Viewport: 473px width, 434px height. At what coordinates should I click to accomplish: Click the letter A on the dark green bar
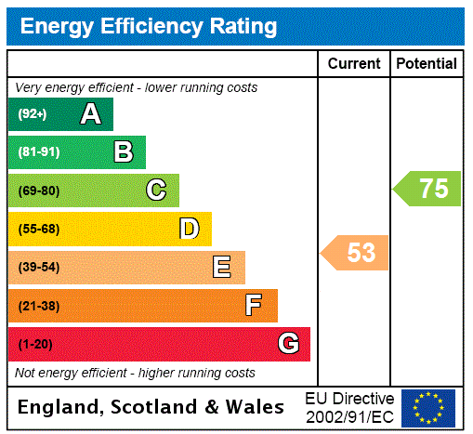tap(90, 114)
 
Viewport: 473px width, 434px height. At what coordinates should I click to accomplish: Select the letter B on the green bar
tap(123, 152)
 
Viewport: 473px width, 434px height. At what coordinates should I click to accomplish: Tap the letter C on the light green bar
tap(156, 191)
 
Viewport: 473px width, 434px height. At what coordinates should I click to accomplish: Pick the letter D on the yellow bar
tap(189, 229)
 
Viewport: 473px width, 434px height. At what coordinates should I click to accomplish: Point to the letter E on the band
tap(221, 268)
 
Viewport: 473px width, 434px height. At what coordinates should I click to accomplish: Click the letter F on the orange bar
tap(253, 306)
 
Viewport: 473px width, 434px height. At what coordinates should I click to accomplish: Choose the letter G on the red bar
tap(288, 344)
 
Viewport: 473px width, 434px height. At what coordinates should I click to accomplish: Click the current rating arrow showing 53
tap(355, 253)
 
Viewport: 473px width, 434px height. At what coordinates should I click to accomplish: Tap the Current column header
tap(354, 64)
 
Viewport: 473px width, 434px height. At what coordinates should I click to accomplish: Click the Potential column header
tap(427, 64)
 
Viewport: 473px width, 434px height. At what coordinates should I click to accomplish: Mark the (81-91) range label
tap(38, 152)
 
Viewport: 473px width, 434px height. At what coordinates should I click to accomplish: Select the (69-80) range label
tap(38, 191)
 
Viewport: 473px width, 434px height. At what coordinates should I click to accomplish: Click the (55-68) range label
tap(38, 229)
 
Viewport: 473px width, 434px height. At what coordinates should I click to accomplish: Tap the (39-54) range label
tap(38, 268)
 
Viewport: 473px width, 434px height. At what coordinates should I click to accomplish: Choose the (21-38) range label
tap(38, 306)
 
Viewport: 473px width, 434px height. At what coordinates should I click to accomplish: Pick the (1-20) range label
tap(35, 345)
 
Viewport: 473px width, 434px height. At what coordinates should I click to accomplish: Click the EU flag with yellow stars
tap(428, 407)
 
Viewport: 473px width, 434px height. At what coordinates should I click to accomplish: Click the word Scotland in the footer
tap(151, 407)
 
